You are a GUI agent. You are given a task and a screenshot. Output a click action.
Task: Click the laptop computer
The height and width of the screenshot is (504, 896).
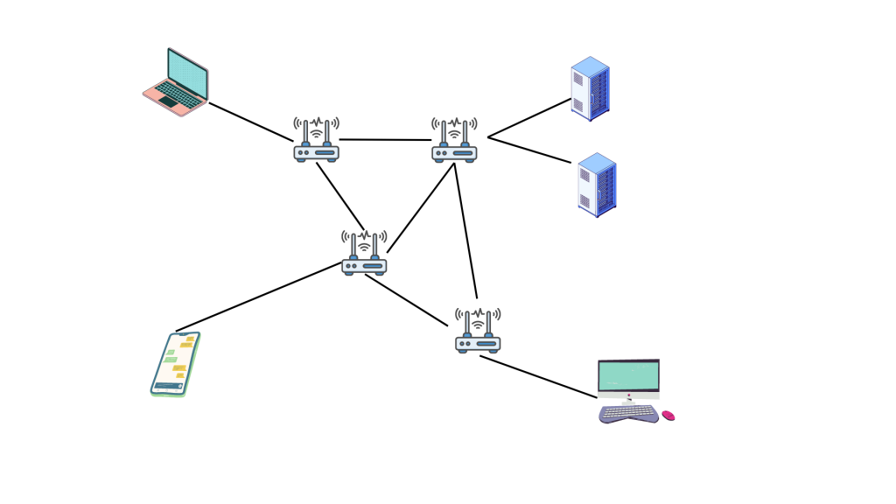[177, 83]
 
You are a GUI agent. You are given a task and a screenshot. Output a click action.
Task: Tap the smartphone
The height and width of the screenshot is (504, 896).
[175, 364]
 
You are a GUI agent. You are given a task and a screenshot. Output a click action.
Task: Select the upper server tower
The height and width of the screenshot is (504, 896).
[590, 88]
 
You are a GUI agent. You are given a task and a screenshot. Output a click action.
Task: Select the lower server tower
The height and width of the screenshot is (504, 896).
[597, 185]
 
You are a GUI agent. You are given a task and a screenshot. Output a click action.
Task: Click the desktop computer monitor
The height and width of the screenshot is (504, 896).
[628, 377]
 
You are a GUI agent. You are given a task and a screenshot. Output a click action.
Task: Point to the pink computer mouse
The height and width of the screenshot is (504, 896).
[668, 416]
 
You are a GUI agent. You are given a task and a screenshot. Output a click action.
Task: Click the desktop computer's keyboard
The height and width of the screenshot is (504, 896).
[628, 413]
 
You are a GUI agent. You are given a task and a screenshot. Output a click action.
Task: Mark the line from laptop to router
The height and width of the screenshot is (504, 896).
[250, 122]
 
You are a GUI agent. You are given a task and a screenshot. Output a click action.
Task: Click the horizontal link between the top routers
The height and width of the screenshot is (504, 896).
[385, 139]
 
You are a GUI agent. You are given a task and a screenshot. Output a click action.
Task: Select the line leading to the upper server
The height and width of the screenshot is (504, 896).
[529, 118]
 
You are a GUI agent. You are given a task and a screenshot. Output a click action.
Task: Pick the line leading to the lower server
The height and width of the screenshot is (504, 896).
[529, 150]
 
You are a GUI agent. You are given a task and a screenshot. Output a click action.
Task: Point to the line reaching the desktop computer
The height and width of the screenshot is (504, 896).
[538, 376]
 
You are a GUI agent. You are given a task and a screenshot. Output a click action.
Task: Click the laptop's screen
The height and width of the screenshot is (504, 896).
[187, 73]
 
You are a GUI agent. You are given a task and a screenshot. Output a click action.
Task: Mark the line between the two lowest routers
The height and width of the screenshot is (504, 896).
[407, 301]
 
